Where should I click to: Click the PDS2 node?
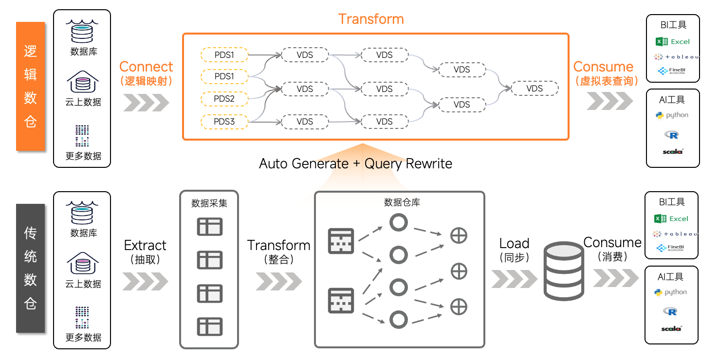click(x=224, y=99)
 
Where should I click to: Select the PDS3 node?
click(x=224, y=121)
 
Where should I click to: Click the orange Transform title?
click(x=371, y=19)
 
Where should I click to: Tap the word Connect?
click(x=146, y=67)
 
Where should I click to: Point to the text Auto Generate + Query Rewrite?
click(x=355, y=163)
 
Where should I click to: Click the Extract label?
click(x=145, y=245)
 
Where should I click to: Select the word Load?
click(x=514, y=243)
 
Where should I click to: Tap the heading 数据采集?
click(x=209, y=203)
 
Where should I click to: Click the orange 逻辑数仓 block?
click(x=30, y=86)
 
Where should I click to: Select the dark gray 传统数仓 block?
click(x=30, y=268)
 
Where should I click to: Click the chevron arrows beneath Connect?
click(x=146, y=103)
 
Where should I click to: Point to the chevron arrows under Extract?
click(x=145, y=281)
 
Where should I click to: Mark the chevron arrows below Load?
click(x=514, y=279)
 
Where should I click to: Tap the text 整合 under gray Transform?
click(x=278, y=259)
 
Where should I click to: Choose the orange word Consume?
click(x=603, y=67)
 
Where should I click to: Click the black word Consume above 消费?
click(x=612, y=242)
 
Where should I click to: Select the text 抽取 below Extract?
click(x=146, y=259)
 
